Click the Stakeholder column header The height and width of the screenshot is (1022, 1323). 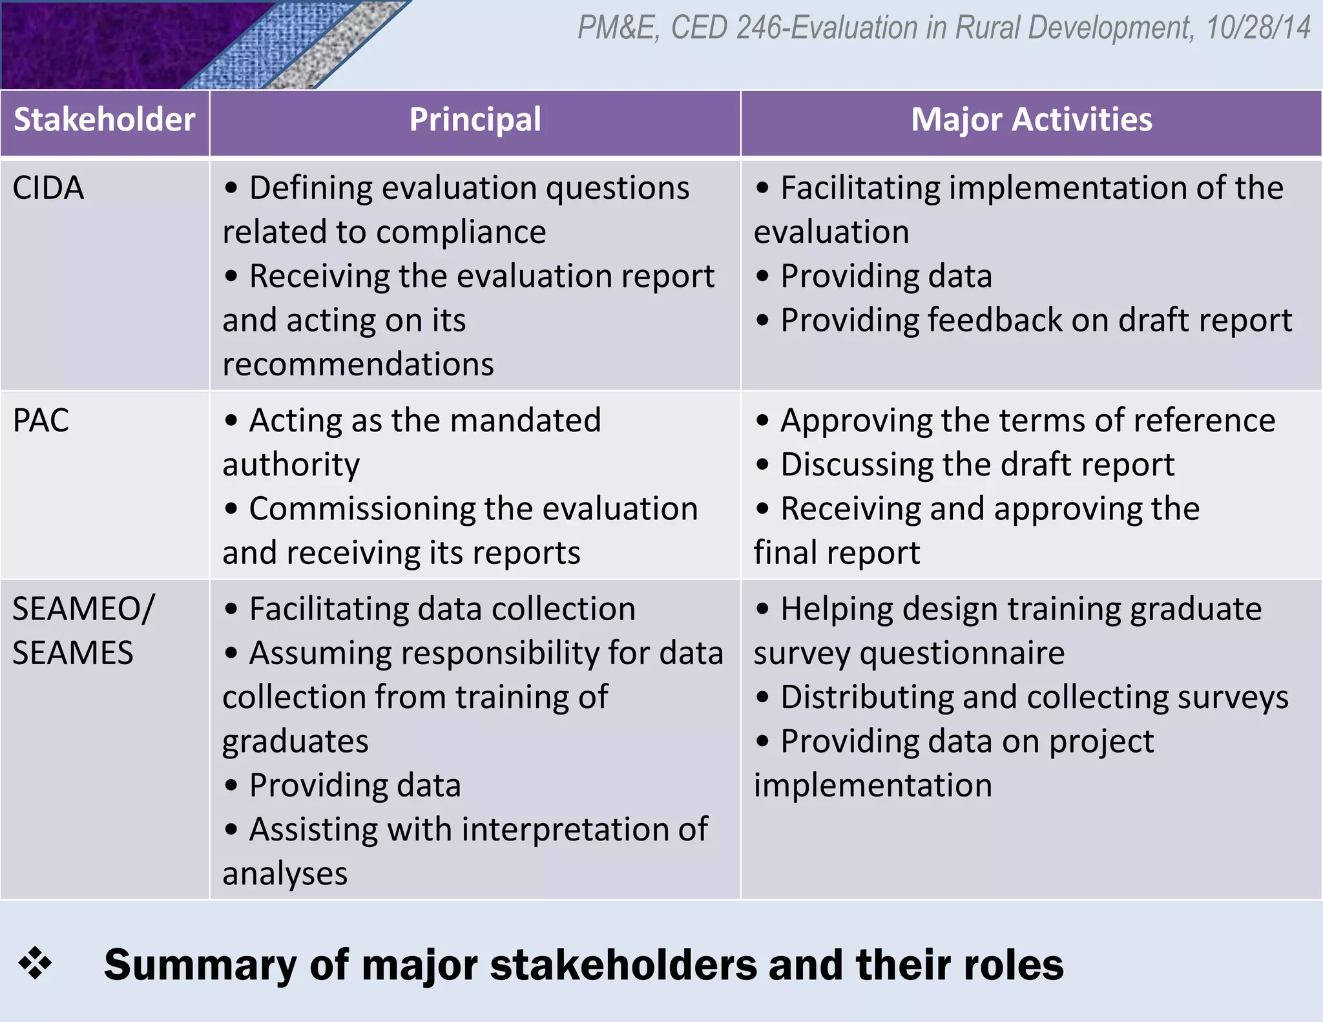point(105,120)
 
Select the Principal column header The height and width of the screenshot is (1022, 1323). point(475,120)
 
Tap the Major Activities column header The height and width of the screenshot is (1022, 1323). point(1031,120)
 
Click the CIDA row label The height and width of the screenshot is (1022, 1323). point(48,189)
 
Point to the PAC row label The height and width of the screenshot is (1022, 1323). point(41,421)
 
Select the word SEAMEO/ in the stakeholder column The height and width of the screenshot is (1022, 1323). point(83,609)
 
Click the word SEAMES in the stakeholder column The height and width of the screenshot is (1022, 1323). point(73,653)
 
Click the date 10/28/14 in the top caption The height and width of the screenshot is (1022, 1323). point(1258,28)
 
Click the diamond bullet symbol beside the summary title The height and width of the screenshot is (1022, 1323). point(35,963)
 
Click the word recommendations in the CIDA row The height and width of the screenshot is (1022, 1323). point(358,364)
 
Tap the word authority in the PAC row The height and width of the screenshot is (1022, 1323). point(291,466)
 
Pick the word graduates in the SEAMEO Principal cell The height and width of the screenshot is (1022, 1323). point(295,742)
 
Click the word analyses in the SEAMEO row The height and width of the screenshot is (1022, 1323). point(285,874)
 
